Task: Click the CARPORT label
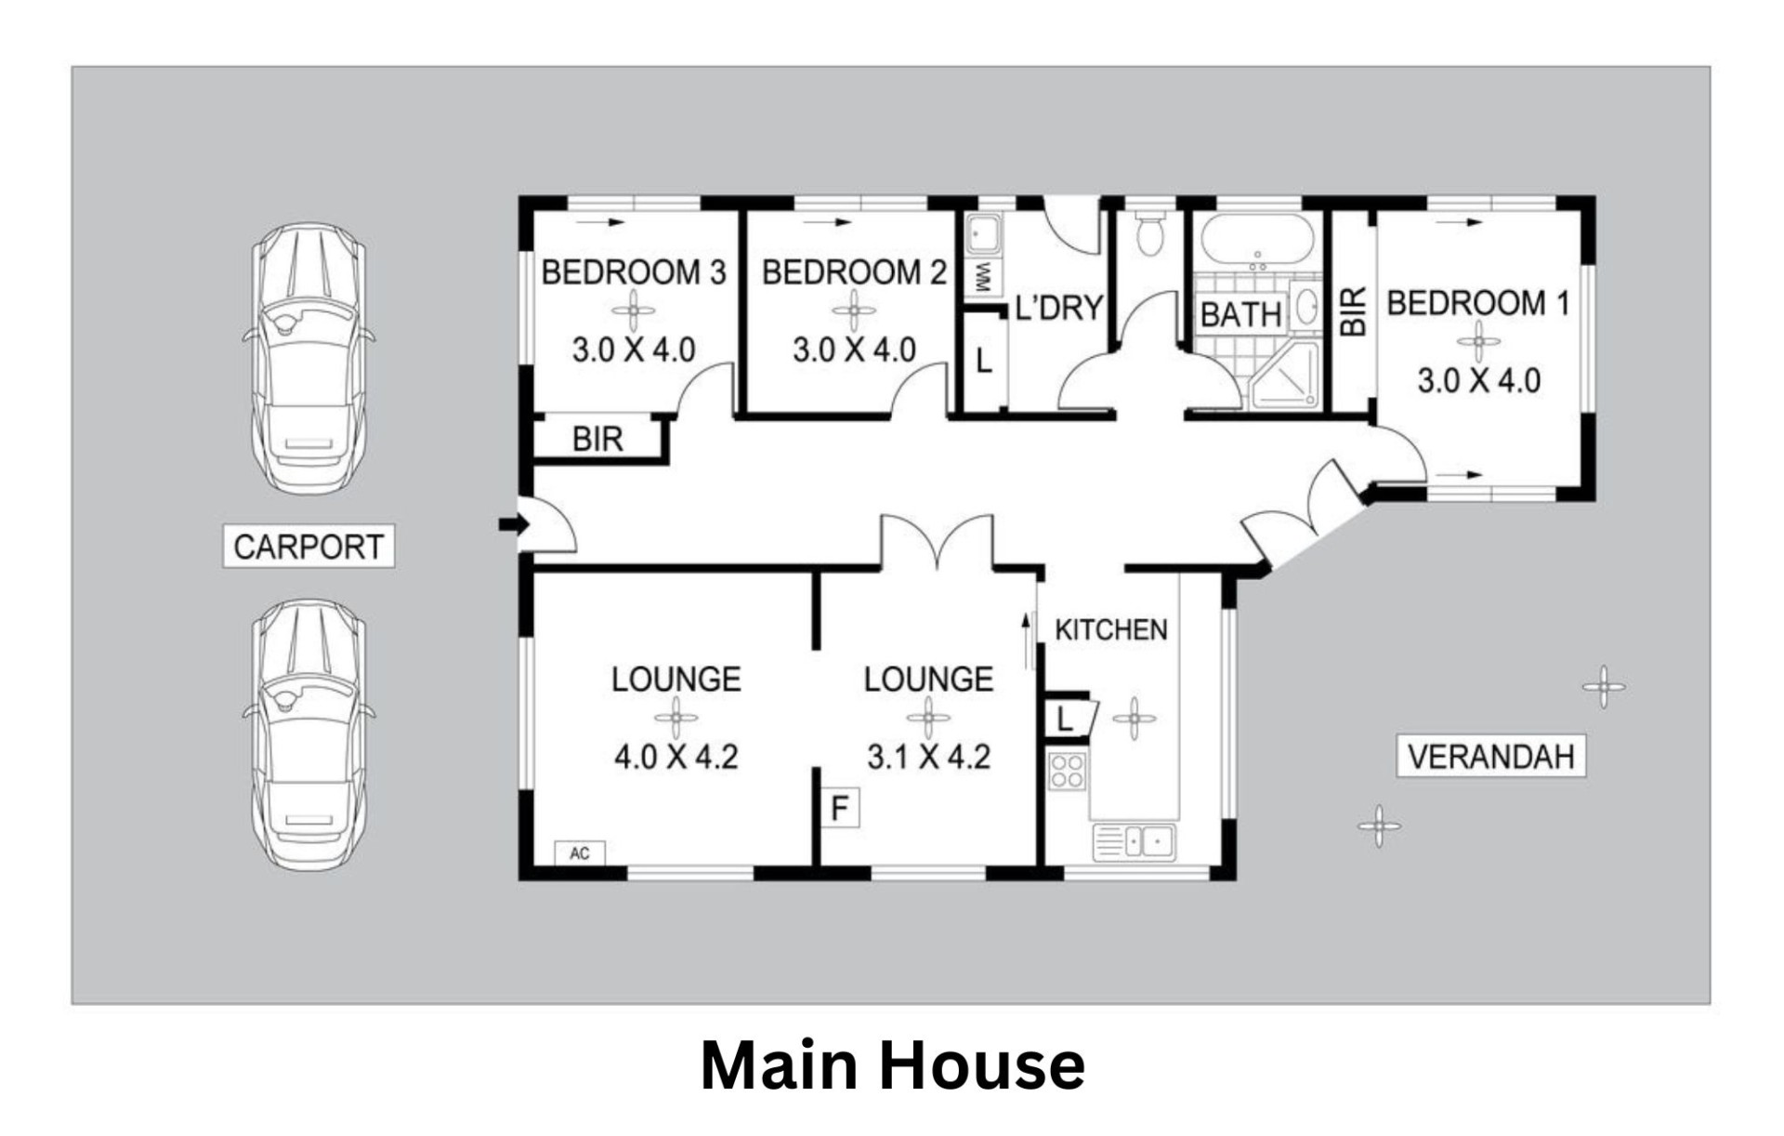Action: (x=308, y=546)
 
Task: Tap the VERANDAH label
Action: (x=1490, y=756)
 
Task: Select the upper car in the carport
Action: (x=309, y=358)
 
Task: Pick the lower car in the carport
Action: (x=309, y=734)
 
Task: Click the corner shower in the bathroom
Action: (x=1285, y=376)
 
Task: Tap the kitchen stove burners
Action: (x=1067, y=771)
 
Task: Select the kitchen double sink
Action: (x=1134, y=842)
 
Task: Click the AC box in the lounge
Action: (x=580, y=853)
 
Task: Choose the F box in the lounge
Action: (x=840, y=808)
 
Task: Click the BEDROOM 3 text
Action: (x=634, y=272)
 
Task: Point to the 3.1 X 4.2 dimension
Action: (x=928, y=757)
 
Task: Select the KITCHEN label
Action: (x=1110, y=630)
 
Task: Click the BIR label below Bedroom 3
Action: (x=597, y=439)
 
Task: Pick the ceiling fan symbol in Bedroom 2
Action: (x=853, y=310)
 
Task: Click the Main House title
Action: (x=892, y=1065)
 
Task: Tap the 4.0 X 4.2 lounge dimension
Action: (x=676, y=757)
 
